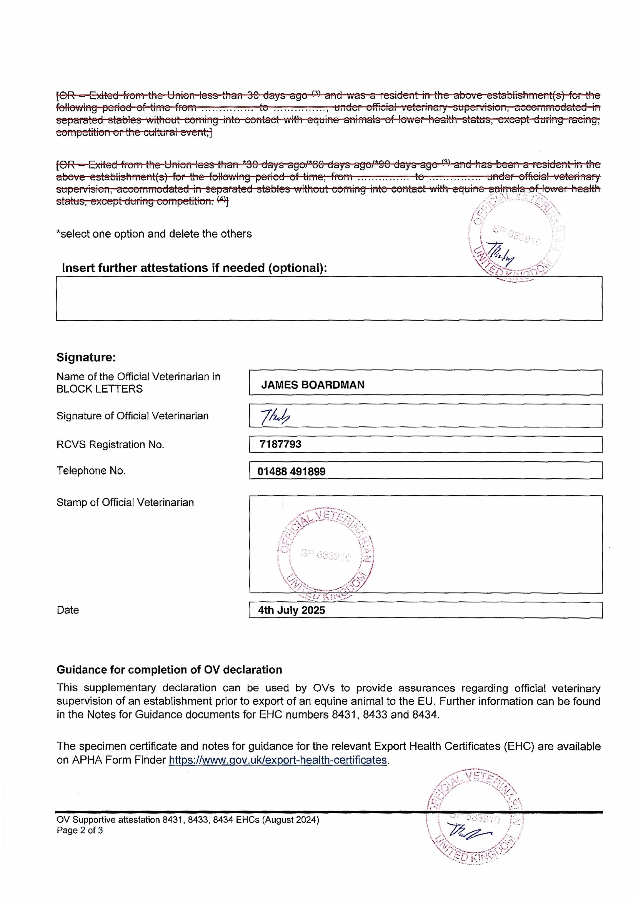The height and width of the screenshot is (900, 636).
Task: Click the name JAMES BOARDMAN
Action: pos(313,385)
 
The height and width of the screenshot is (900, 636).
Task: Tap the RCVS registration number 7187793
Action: pos(280,444)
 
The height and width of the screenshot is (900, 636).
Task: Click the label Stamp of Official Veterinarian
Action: pos(125,503)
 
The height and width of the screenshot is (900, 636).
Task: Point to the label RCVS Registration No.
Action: pos(110,445)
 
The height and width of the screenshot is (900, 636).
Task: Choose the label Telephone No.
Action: pos(91,471)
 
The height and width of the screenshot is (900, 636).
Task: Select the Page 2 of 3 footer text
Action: pos(80,830)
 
